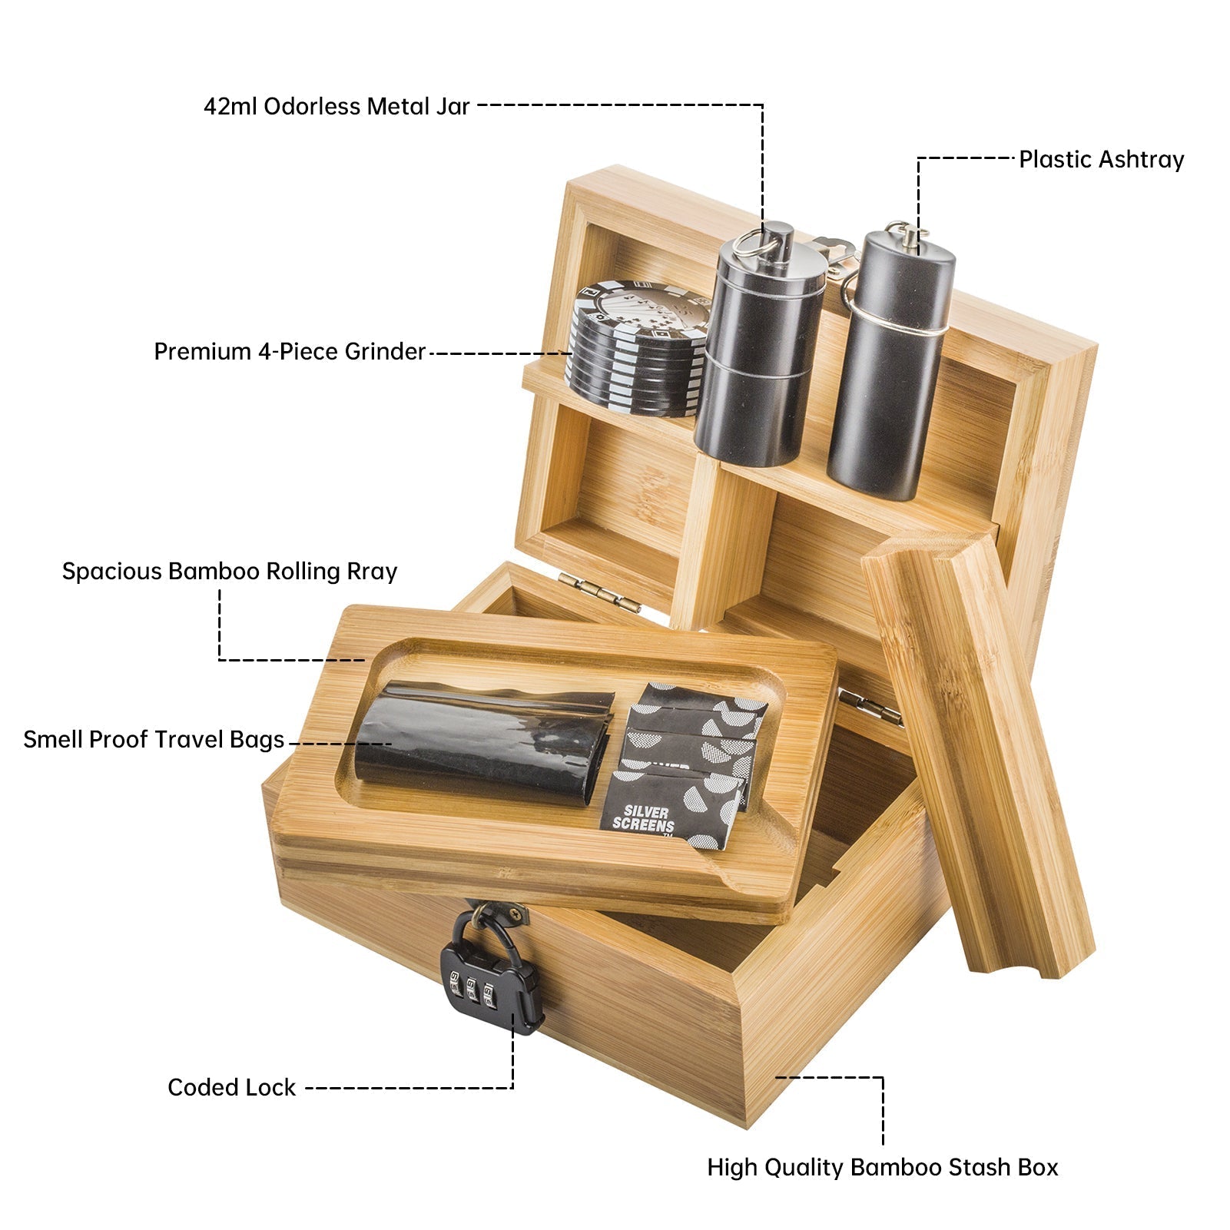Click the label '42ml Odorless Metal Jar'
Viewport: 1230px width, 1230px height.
(x=337, y=106)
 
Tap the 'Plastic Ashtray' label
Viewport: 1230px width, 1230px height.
(x=1101, y=160)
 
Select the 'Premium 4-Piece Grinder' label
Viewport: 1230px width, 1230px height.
(x=290, y=352)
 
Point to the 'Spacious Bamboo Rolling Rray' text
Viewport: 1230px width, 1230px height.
(x=230, y=572)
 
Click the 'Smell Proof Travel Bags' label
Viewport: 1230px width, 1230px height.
(x=154, y=740)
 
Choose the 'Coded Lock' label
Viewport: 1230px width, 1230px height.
(x=231, y=1087)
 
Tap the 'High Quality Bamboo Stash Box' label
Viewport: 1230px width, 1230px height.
(x=883, y=1168)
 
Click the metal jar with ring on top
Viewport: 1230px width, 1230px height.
(x=761, y=346)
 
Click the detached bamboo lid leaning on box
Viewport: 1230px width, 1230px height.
(x=977, y=753)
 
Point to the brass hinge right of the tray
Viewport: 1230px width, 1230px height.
(x=870, y=707)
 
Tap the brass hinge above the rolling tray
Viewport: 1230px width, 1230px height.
(x=599, y=592)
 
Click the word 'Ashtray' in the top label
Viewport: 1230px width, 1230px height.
(x=1141, y=160)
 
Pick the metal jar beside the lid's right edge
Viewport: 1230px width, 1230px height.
(x=891, y=361)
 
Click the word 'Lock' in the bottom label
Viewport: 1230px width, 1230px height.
(x=270, y=1087)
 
